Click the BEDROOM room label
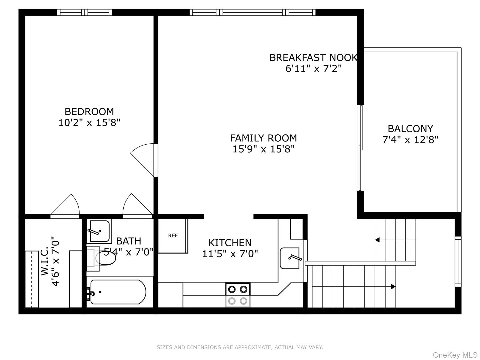(89, 112)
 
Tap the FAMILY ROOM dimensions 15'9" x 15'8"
(263, 149)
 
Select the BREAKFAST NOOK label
(313, 58)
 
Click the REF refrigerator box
(173, 236)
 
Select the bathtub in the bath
(118, 292)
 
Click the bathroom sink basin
(99, 231)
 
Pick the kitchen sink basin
(289, 258)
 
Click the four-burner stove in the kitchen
(238, 295)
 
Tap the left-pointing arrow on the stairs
(377, 240)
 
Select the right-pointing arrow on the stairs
(393, 286)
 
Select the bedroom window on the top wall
(85, 12)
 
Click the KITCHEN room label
(230, 243)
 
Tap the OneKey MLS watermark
(455, 355)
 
